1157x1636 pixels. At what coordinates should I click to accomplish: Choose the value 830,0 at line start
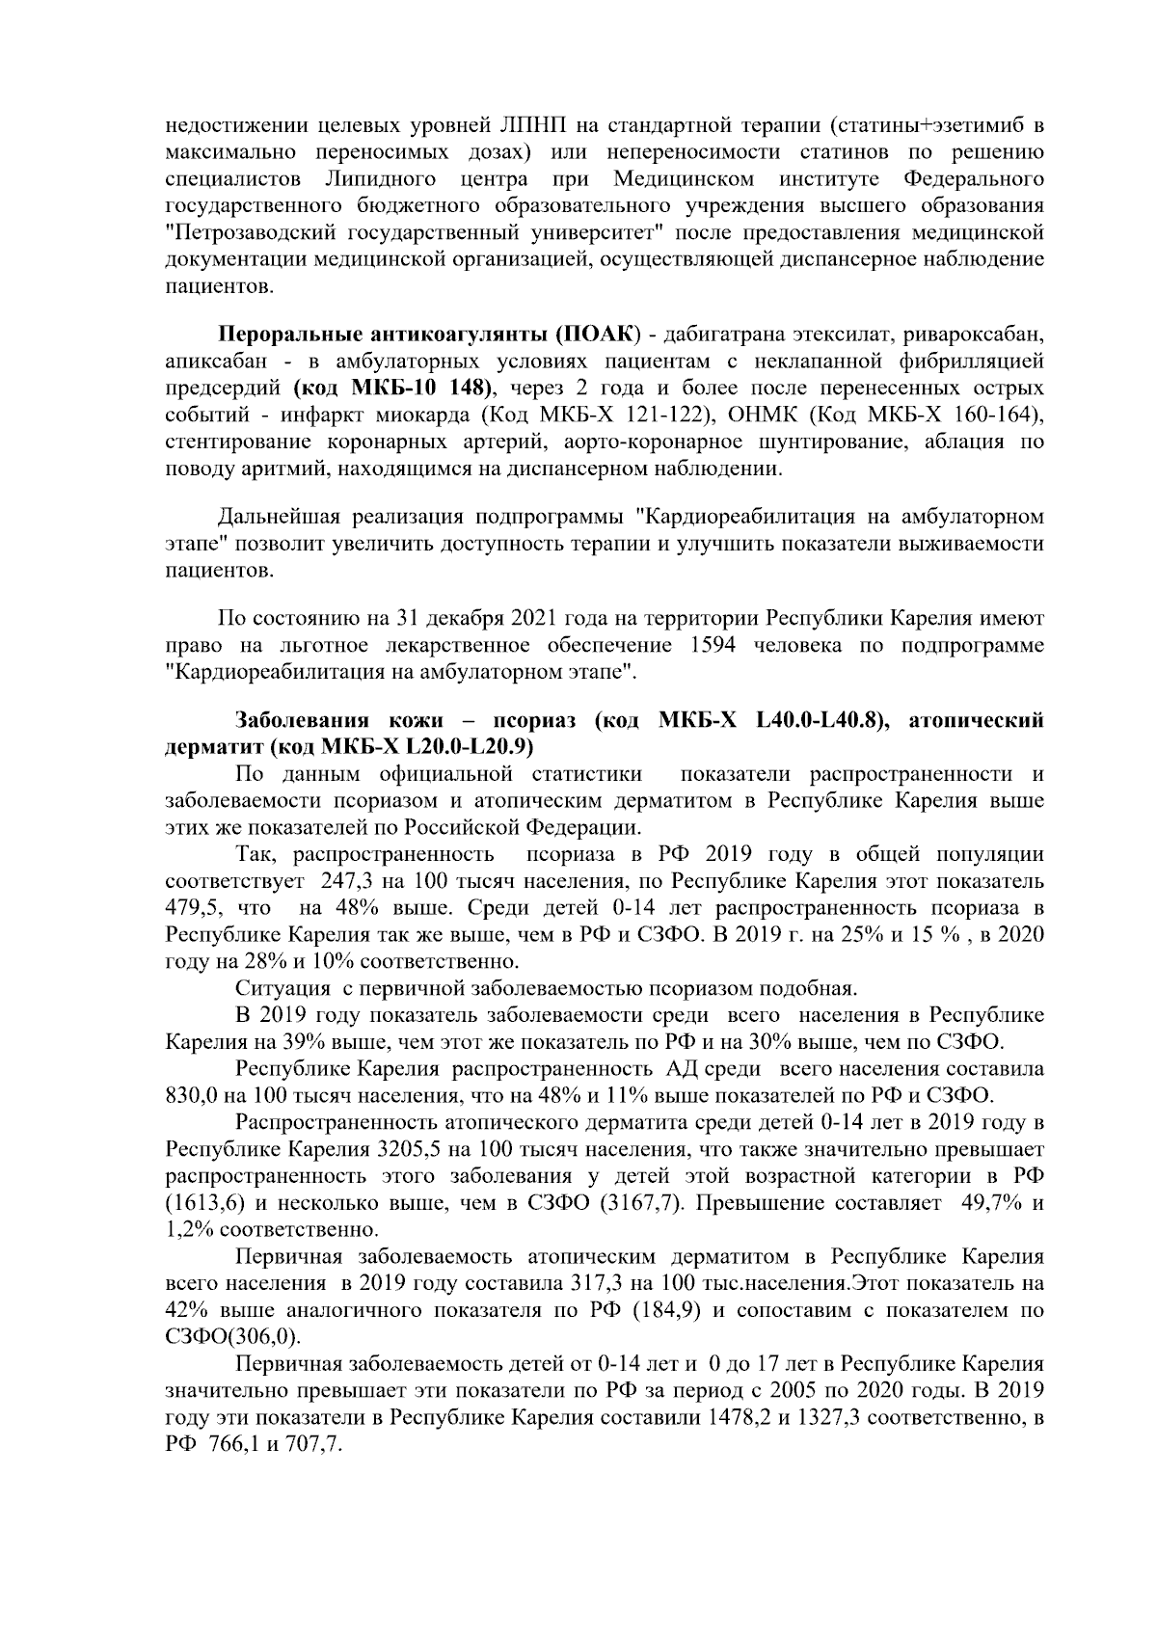tap(193, 1096)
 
